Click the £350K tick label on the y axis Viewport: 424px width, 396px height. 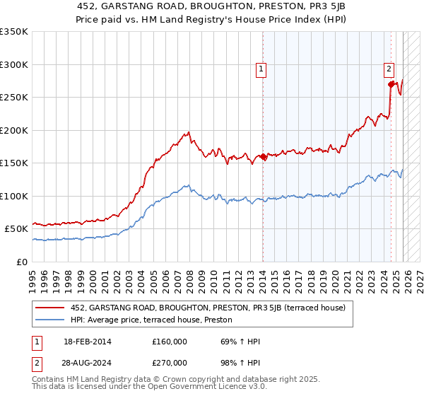(14, 32)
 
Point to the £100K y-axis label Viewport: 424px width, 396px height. (14, 196)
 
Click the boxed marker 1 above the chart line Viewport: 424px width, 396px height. (261, 69)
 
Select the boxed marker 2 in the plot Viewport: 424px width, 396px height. (389, 69)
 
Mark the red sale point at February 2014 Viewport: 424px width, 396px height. (263, 157)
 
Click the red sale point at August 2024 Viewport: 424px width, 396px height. (391, 84)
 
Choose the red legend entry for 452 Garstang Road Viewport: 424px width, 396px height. (207, 308)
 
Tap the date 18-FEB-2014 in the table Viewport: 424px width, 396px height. (88, 342)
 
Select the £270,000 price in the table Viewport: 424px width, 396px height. (170, 361)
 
